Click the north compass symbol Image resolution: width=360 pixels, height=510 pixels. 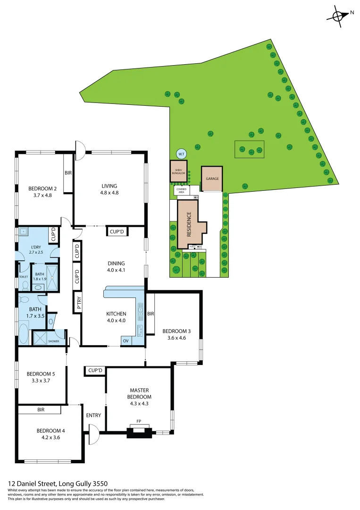pyautogui.click(x=339, y=15)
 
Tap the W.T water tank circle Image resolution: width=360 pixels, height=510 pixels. pyautogui.click(x=181, y=153)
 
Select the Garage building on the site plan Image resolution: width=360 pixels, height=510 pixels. pyautogui.click(x=212, y=179)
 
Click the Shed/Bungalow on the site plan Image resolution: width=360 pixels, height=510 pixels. pyautogui.click(x=179, y=171)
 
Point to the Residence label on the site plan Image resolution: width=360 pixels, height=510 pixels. pyautogui.click(x=189, y=224)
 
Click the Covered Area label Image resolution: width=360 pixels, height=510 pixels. pyautogui.click(x=181, y=191)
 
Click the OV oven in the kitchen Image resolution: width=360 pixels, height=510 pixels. pyautogui.click(x=126, y=340)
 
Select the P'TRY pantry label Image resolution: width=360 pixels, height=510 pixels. pyautogui.click(x=79, y=302)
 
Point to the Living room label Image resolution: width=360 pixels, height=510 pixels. pyautogui.click(x=109, y=186)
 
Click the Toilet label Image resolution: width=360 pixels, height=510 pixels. pyautogui.click(x=24, y=277)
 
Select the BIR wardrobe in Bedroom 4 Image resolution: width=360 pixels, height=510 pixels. pyautogui.click(x=41, y=410)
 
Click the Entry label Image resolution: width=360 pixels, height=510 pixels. pyautogui.click(x=93, y=416)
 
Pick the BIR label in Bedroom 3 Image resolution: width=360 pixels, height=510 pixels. pyautogui.click(x=151, y=313)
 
